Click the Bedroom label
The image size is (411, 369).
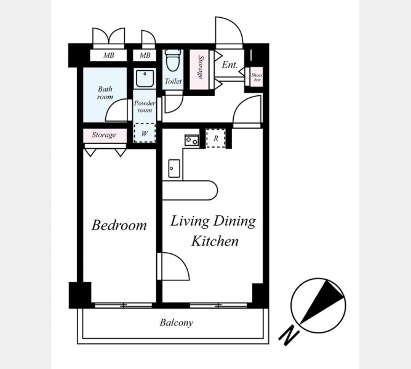[119, 225]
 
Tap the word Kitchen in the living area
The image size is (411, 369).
[215, 241]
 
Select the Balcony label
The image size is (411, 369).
[177, 323]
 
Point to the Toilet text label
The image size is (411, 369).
[174, 81]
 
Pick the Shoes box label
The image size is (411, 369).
[257, 77]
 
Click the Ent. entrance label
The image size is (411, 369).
[229, 65]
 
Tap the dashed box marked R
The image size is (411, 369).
[216, 138]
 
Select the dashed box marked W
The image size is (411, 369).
[145, 133]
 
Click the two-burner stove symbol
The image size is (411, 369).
[191, 140]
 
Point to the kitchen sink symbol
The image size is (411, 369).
[174, 169]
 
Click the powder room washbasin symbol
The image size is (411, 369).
[145, 78]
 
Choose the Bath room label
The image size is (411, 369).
[105, 93]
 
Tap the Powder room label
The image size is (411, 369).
[145, 106]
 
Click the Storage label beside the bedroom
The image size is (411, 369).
[104, 135]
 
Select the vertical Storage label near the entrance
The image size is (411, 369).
[201, 68]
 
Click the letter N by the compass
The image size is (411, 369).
[289, 335]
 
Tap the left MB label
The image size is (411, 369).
[108, 55]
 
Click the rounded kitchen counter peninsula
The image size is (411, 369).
[190, 190]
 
